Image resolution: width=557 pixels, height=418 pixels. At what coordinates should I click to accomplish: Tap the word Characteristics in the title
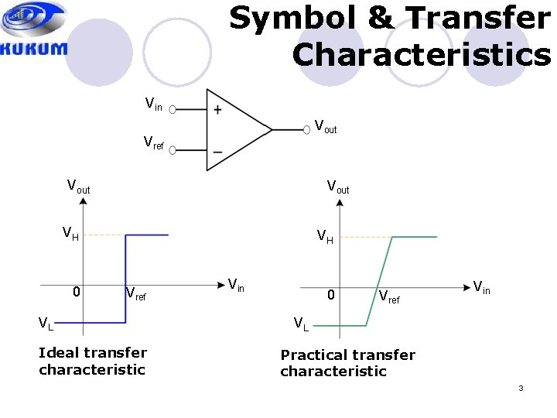[x=422, y=55]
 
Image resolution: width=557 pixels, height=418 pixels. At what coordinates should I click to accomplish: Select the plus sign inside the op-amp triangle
[x=217, y=110]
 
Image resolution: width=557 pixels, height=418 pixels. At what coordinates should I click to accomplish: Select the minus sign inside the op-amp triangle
[x=217, y=150]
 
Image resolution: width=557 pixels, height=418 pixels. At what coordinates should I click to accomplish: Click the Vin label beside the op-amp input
[x=154, y=104]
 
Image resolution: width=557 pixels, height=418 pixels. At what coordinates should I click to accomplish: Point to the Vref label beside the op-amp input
[x=154, y=142]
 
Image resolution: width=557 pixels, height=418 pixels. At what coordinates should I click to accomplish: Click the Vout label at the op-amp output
[x=325, y=125]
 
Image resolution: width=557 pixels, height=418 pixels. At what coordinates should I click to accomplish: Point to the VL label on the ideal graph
[x=48, y=323]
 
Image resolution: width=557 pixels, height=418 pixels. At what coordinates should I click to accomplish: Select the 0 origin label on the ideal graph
[x=76, y=292]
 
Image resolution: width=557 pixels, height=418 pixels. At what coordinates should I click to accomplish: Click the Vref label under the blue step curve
[x=135, y=294]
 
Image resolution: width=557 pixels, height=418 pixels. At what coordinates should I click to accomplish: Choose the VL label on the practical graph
[x=300, y=324]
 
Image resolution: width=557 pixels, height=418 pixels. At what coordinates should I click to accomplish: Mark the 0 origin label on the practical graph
[x=330, y=295]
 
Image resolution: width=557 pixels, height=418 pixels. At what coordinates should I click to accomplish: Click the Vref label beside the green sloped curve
[x=389, y=296]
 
